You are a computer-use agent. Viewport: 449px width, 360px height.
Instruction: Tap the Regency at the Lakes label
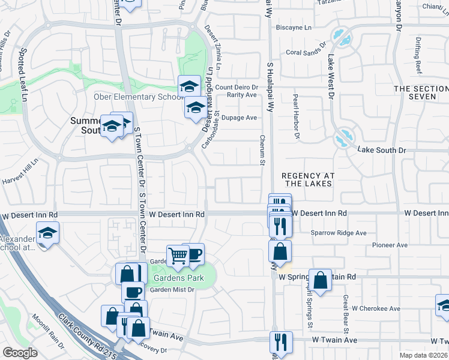308,179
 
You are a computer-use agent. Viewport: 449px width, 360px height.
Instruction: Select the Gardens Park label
178,278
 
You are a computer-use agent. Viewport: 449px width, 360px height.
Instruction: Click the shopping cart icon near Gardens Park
178,256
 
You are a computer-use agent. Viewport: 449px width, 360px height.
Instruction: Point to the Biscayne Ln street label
294,28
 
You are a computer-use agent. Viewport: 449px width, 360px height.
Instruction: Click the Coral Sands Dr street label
305,52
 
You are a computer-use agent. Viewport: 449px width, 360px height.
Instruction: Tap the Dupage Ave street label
240,118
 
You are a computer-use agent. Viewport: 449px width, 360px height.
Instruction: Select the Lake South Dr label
382,149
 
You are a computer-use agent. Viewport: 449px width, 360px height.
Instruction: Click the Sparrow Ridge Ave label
338,233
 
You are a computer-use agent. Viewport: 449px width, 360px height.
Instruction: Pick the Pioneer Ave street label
390,245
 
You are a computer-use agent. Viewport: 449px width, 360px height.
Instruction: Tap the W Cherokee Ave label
376,308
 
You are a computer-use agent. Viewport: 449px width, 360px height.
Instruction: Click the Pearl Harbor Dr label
296,116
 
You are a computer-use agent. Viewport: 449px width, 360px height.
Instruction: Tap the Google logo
20,353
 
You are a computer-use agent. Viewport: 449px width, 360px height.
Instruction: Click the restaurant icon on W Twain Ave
281,342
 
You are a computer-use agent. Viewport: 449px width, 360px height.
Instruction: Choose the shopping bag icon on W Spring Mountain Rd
321,280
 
